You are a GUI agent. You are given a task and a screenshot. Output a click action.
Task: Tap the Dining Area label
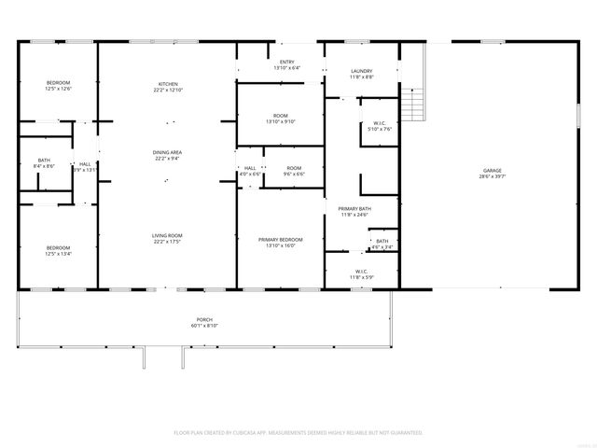(168, 152)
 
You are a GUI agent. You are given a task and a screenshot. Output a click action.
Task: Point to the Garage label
(492, 170)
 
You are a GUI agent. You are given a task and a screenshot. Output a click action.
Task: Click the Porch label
(204, 319)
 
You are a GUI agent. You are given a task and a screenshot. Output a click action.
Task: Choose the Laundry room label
(362, 71)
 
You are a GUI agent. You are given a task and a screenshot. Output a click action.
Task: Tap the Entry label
(286, 62)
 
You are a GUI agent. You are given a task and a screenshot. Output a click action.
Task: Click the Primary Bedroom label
(280, 240)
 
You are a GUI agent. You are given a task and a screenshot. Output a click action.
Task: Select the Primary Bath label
(354, 208)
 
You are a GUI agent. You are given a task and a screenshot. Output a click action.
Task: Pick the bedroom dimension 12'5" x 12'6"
(59, 90)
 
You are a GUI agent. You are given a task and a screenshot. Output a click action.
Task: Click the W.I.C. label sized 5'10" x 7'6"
(380, 129)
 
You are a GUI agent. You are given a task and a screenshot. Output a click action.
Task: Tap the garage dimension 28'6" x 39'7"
(492, 175)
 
